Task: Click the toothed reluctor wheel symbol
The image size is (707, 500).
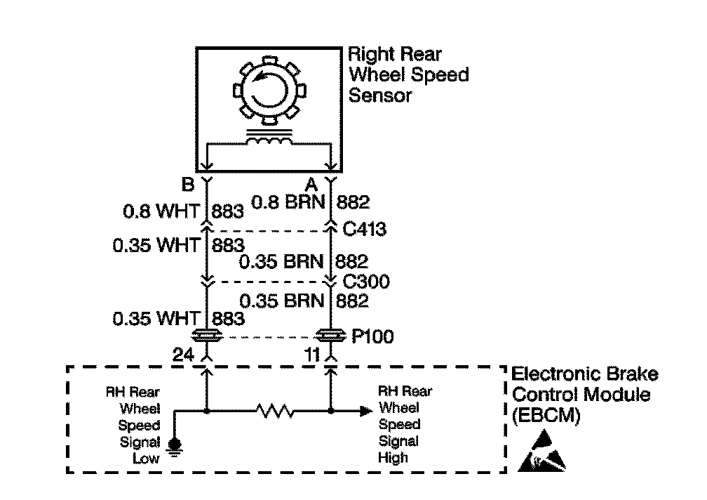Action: coord(268,88)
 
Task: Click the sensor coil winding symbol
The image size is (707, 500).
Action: coord(268,141)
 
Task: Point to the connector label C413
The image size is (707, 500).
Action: coord(365,229)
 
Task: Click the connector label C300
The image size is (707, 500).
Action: coord(365,282)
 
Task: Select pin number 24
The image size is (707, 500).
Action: coord(183,356)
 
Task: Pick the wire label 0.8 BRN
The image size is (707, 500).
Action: coord(290,204)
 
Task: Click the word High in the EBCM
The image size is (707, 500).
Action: coord(393,458)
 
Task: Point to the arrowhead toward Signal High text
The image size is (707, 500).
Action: coord(365,409)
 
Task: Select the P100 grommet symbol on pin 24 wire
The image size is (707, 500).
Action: coord(207,336)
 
